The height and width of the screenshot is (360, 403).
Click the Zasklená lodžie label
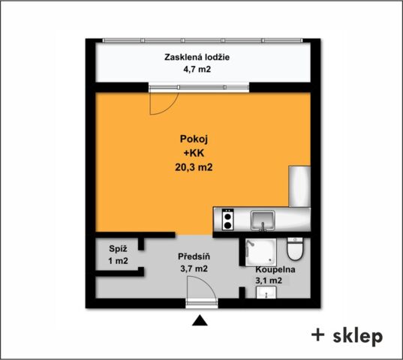197,57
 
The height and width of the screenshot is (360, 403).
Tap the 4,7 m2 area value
197,69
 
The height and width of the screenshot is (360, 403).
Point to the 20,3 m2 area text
194,167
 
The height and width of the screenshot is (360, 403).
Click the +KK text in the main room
194,153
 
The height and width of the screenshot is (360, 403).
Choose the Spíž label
118,249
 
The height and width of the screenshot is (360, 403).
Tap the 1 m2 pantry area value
118,261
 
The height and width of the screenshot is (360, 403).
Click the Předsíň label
194,256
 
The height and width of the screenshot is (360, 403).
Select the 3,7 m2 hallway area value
194,268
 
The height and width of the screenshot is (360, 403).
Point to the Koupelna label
275,270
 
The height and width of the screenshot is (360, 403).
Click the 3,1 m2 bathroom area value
269,280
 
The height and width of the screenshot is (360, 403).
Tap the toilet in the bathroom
295,249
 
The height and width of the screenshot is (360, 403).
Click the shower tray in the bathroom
261,252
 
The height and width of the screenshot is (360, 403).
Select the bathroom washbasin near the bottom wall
266,292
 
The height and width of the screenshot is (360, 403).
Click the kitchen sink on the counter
263,220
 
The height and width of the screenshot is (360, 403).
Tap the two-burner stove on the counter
228,219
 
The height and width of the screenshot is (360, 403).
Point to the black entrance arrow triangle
200,321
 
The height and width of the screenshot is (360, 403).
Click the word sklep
358,337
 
